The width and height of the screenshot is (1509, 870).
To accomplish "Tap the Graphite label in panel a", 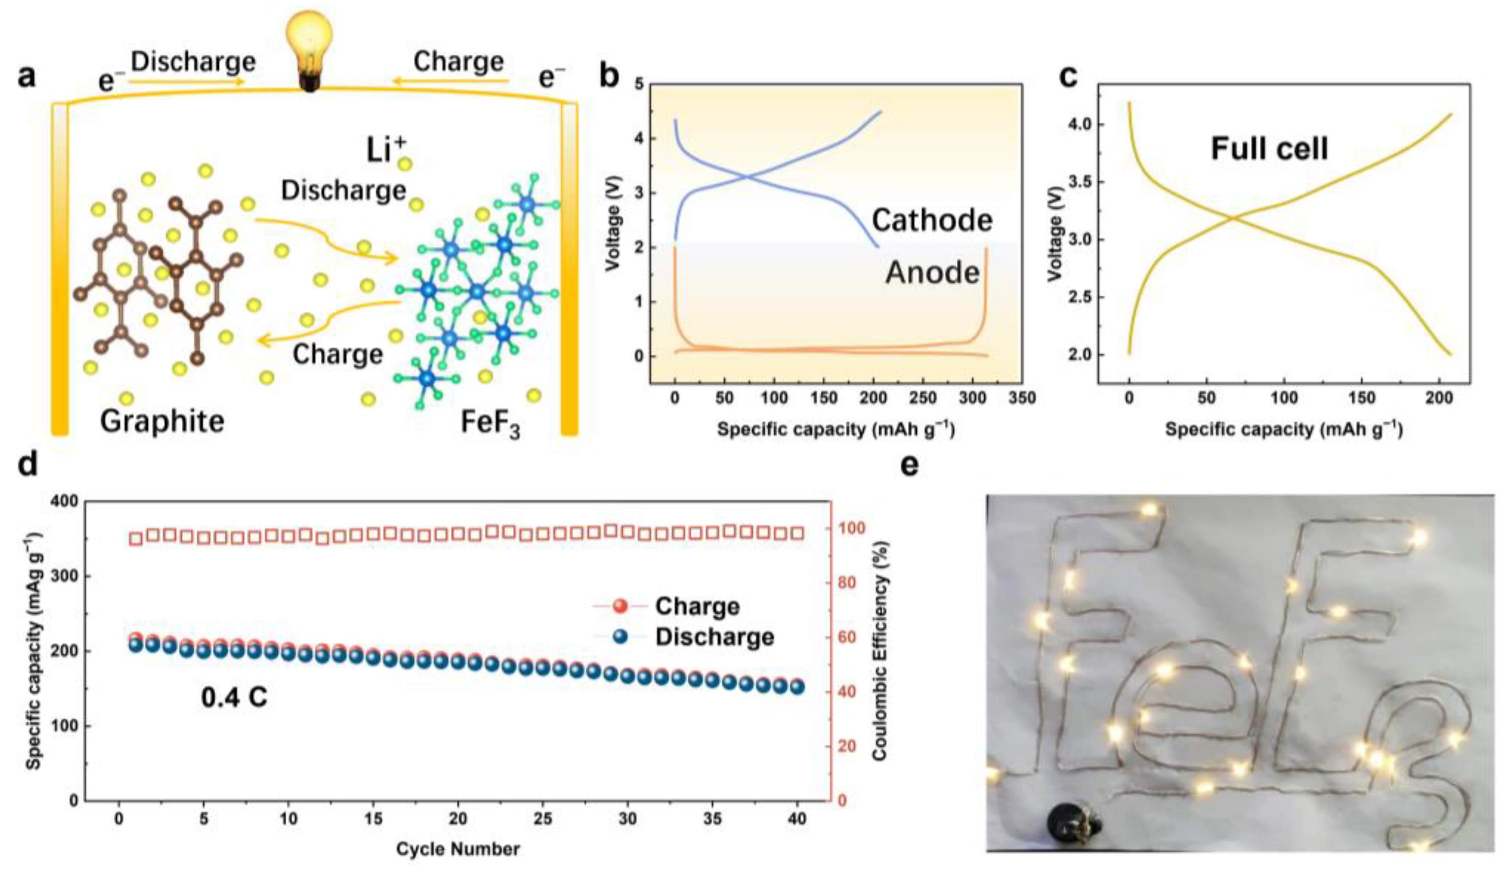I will pos(162,421).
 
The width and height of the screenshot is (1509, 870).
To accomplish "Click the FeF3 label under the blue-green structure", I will pos(490,423).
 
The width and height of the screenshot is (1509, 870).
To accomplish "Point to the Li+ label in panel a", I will pos(386,149).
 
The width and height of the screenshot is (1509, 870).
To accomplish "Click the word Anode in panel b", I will pos(932,272).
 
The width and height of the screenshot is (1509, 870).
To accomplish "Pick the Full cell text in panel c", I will pos(1269,149).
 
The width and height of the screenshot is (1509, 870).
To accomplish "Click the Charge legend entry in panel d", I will pos(697,606).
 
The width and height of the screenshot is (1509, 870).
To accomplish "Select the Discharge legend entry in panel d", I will pos(714,637).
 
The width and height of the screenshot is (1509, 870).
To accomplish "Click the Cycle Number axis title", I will pos(458,848).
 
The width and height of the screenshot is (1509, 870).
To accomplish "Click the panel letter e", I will pos(909,464).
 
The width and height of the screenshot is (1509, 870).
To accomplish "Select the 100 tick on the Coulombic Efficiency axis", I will pos(851,528).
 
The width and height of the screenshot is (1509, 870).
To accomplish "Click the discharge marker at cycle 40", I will pos(798,687).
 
